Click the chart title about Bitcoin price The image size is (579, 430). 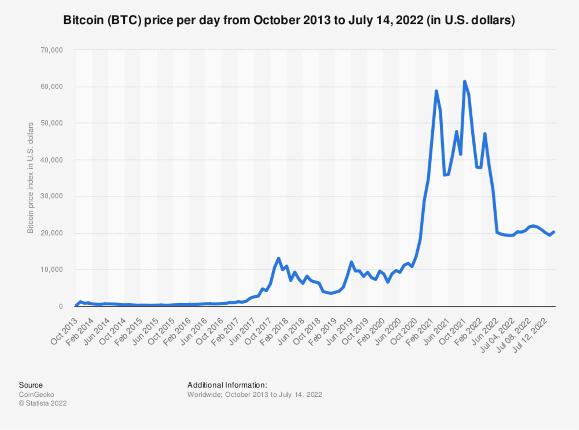tap(289, 20)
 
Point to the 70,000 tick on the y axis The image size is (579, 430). tap(51, 50)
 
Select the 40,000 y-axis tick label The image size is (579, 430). tap(51, 160)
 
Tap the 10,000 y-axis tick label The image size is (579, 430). tap(51, 269)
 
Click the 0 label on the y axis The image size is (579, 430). tap(61, 306)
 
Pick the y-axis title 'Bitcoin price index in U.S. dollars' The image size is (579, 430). tap(30, 178)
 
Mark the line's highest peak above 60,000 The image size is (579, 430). tap(465, 81)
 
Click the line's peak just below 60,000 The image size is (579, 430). tap(436, 91)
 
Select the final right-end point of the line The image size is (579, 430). tap(554, 232)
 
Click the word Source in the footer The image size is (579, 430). tap(31, 385)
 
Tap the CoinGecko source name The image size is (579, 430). tap(36, 395)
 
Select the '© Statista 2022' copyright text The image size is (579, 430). tap(43, 403)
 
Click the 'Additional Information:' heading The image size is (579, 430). tap(227, 385)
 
